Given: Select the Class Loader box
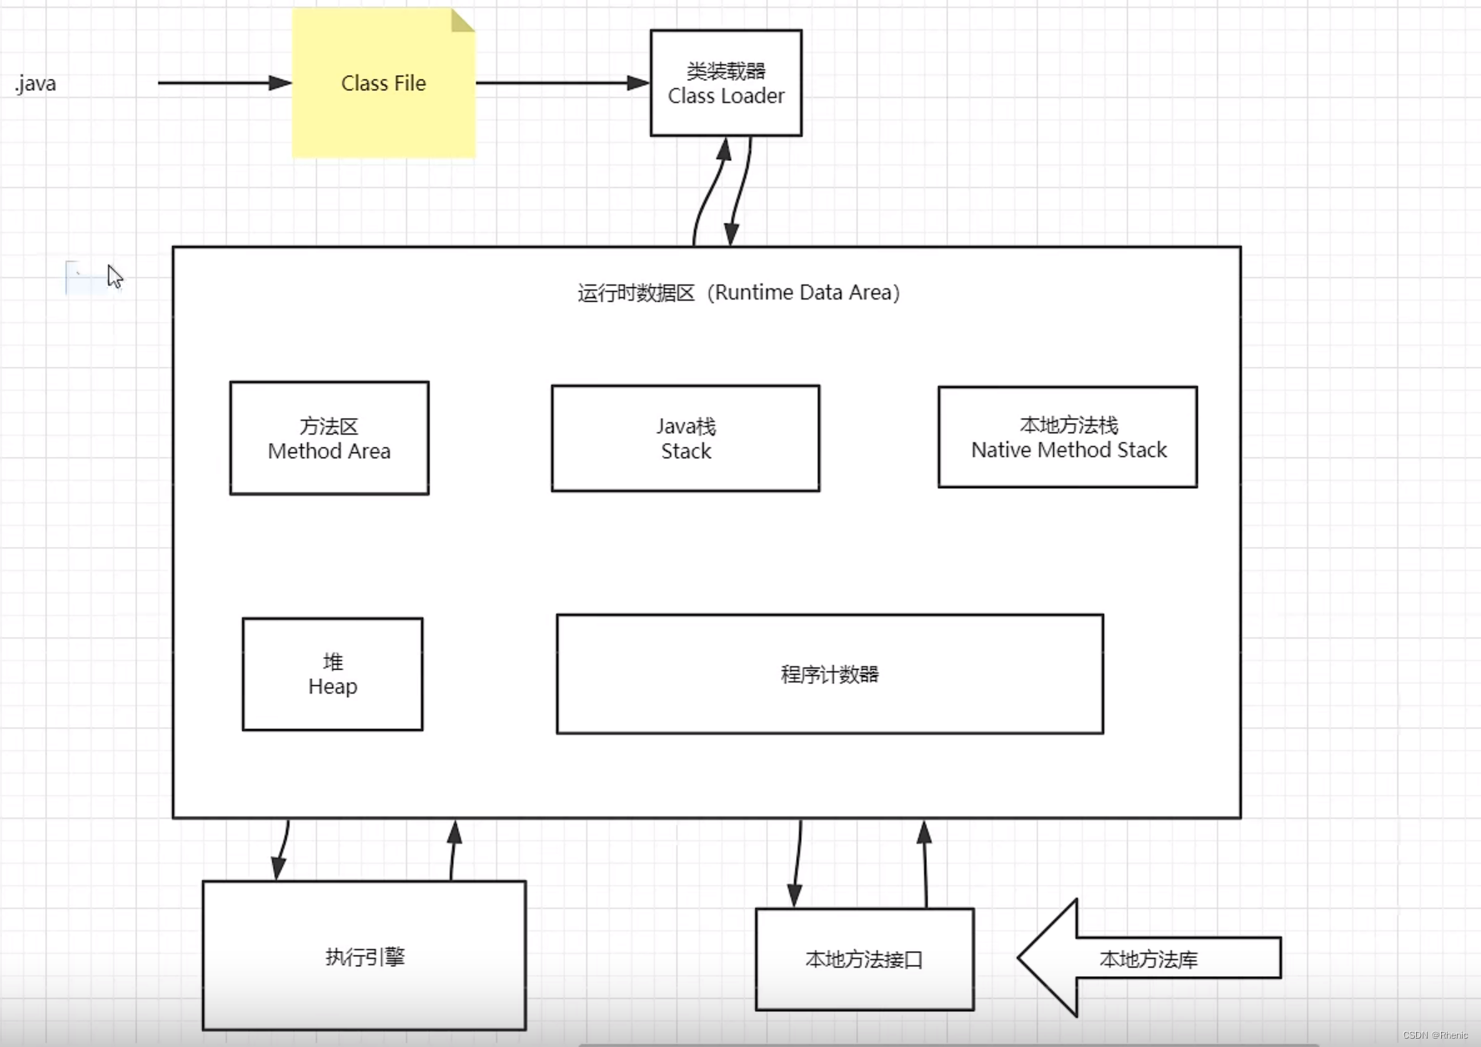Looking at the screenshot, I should (x=726, y=83).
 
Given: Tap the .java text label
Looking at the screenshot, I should (x=36, y=84).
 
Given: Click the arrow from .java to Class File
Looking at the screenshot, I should (x=224, y=83).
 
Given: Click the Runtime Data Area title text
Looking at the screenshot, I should (x=738, y=293).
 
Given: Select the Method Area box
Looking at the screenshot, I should (x=329, y=438).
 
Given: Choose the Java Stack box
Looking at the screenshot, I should (x=685, y=438).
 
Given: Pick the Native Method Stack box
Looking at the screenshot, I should (x=1067, y=436).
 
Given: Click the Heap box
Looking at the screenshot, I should (x=332, y=674).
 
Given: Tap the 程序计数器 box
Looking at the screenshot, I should (x=829, y=674).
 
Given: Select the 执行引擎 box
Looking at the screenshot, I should (x=364, y=956).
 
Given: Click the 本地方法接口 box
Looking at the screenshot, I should (x=864, y=959).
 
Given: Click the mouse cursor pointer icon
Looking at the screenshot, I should (x=114, y=276).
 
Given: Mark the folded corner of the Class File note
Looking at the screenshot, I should (x=461, y=21).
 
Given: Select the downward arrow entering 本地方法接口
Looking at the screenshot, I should (x=797, y=863).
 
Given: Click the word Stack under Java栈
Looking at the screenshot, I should (x=686, y=451).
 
